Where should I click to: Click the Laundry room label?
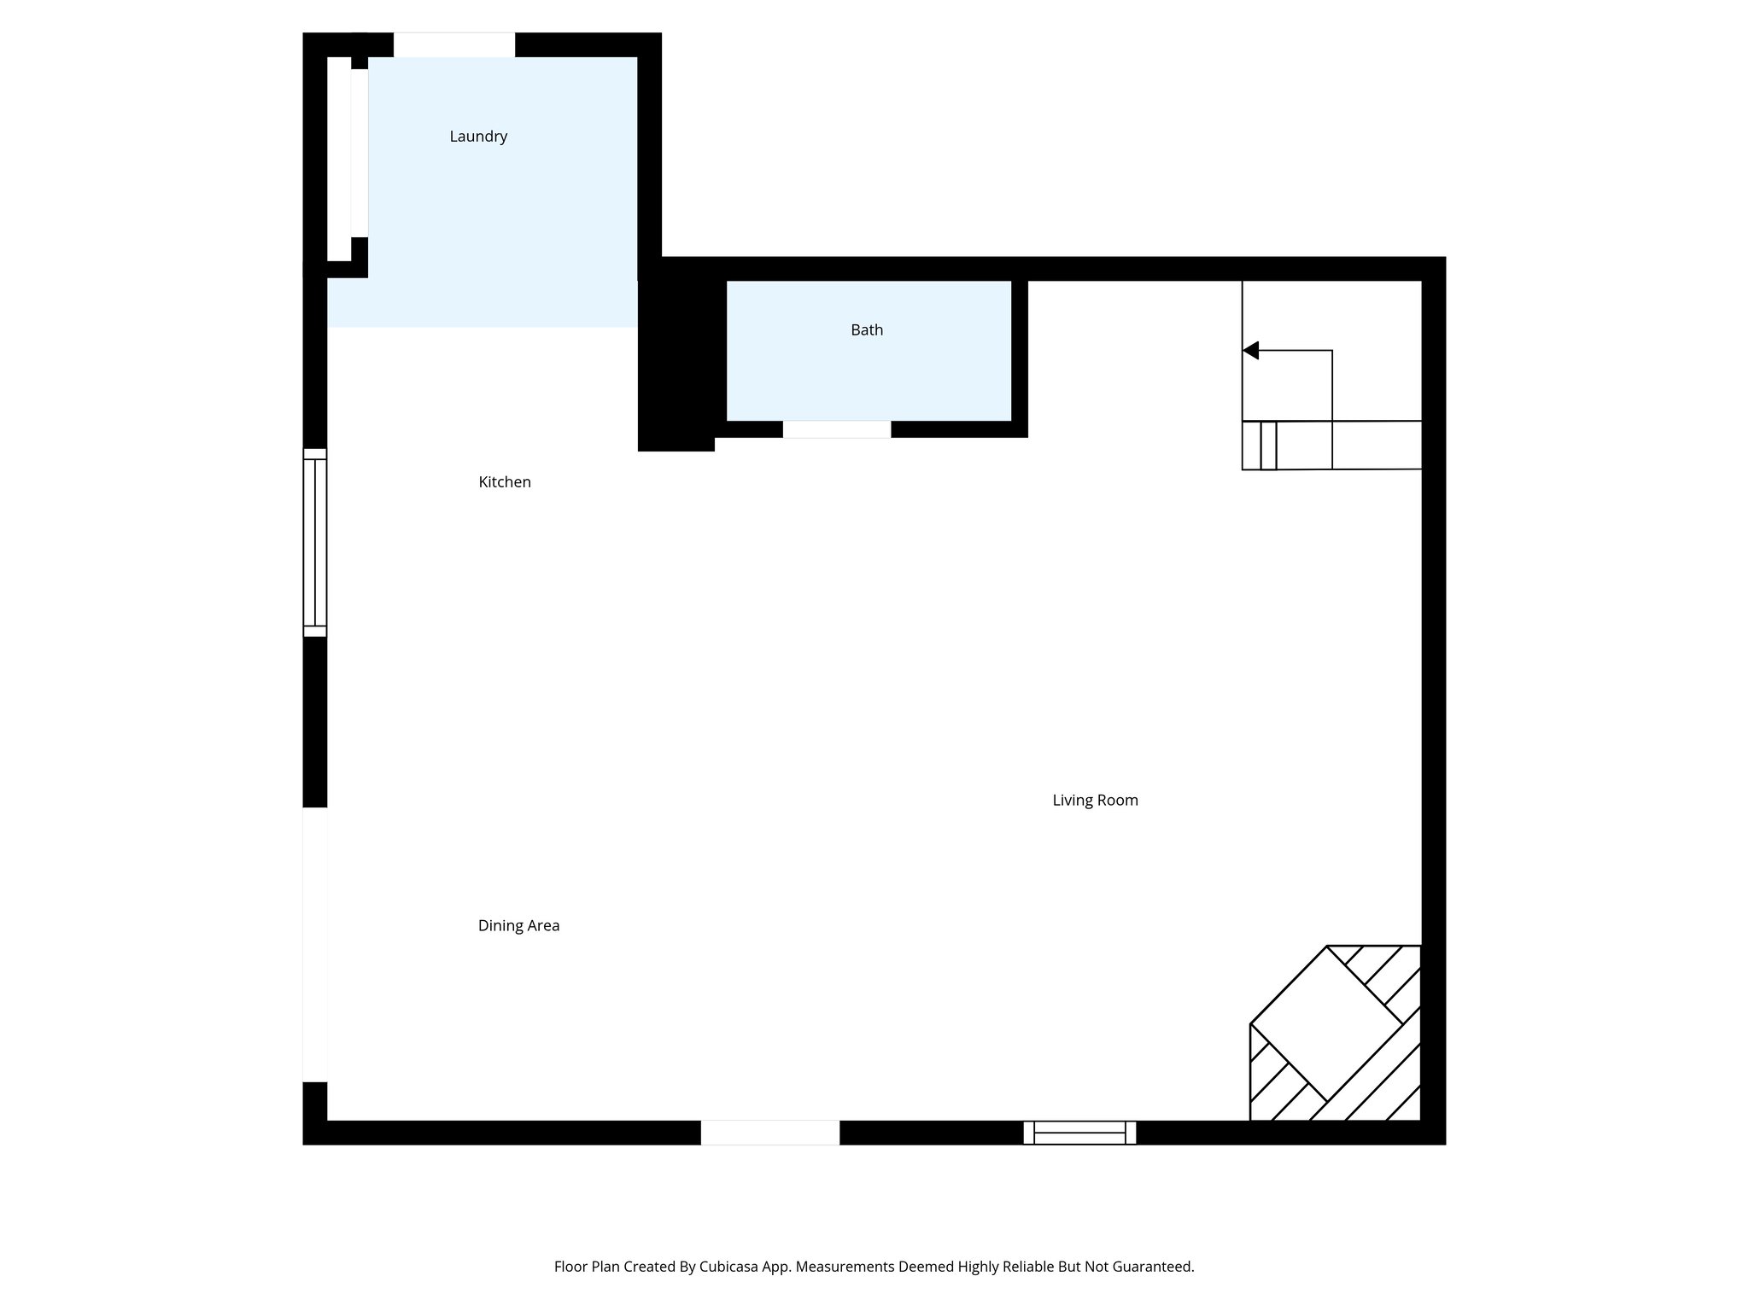(478, 137)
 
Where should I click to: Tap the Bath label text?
(866, 330)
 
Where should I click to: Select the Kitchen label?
(504, 482)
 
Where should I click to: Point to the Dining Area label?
(518, 925)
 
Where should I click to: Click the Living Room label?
(1094, 801)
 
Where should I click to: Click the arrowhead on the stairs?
(1251, 350)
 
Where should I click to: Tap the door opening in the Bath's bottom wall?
(836, 429)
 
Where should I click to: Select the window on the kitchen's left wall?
(315, 542)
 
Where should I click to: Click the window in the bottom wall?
(1079, 1133)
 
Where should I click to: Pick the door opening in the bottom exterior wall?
(769, 1133)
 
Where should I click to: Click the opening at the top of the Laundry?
(453, 44)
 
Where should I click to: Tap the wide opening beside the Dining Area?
(315, 944)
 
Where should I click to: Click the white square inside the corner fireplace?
(1326, 1023)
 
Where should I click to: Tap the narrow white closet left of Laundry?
(339, 159)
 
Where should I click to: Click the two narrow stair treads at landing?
(1261, 446)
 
